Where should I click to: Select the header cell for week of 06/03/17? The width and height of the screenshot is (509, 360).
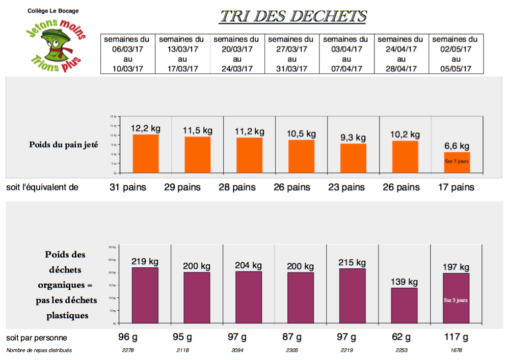tap(127, 54)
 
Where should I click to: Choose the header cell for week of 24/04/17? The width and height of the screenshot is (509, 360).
tap(400, 54)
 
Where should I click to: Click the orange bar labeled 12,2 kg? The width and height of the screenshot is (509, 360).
tap(146, 154)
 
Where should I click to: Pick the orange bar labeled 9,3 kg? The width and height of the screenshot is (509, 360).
tap(353, 158)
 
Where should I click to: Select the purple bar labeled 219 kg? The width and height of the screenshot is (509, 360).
tap(145, 295)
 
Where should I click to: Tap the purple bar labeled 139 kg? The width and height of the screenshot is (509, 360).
tap(405, 306)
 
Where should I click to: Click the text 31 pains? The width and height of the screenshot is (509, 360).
tap(127, 187)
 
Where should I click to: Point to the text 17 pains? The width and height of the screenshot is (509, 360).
tap(456, 187)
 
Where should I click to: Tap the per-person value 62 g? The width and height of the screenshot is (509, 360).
tap(401, 337)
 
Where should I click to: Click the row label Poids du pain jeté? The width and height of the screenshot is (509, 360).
tap(64, 145)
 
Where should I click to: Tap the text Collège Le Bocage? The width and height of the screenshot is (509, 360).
tap(53, 11)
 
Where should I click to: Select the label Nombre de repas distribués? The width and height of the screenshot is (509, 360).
tap(39, 350)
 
